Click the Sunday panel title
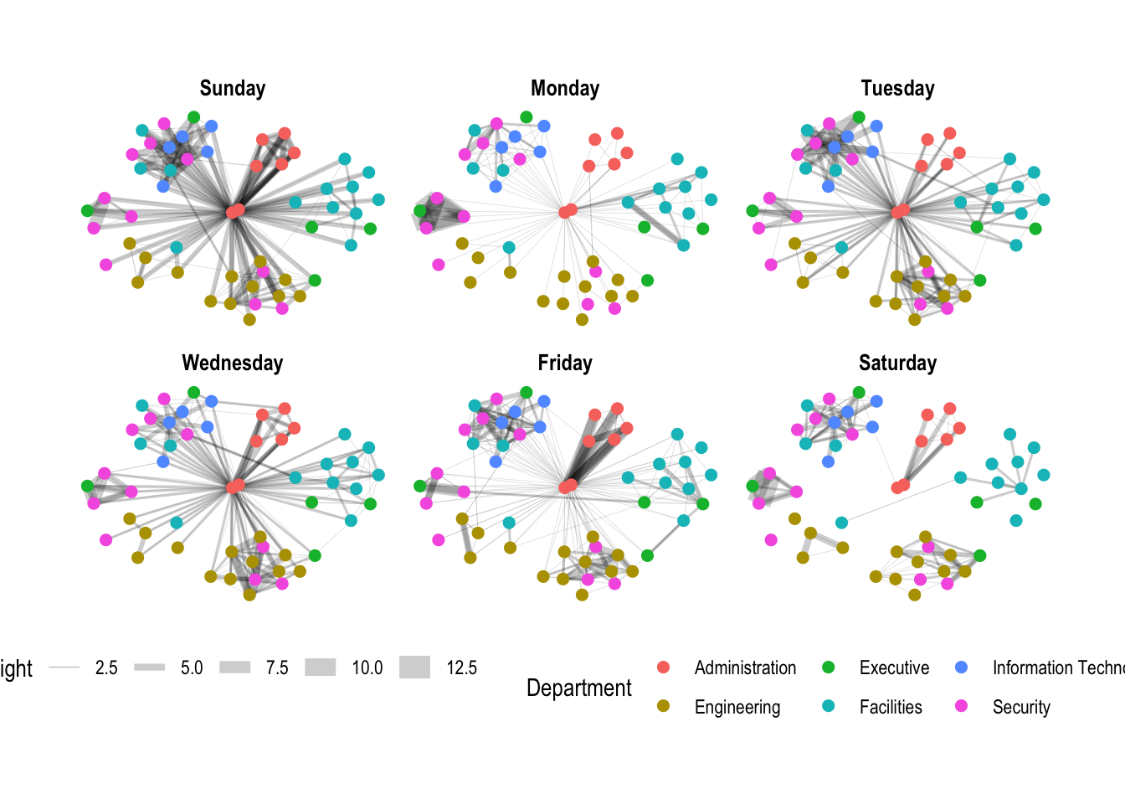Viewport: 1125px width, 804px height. [x=233, y=89]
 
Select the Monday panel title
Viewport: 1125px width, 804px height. [x=565, y=89]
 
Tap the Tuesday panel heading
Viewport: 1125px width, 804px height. [x=897, y=89]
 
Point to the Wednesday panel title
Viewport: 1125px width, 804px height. [x=233, y=363]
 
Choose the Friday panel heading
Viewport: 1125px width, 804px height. [x=565, y=363]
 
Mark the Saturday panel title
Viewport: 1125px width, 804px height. [x=897, y=363]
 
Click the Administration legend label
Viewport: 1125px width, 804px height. [x=745, y=668]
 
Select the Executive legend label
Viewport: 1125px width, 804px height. [x=894, y=668]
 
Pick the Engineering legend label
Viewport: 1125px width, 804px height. [x=737, y=708]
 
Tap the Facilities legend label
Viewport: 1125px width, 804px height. [x=891, y=708]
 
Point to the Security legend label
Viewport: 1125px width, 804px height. [x=1021, y=708]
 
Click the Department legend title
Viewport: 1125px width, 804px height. [x=579, y=688]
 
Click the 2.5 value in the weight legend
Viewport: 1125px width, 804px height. [x=106, y=668]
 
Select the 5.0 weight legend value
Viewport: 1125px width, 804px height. [x=192, y=668]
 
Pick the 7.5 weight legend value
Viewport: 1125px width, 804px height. [x=277, y=668]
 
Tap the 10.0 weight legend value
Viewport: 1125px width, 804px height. [x=367, y=668]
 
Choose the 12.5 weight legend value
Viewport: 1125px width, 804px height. [x=461, y=668]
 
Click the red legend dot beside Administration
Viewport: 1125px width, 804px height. [x=664, y=667]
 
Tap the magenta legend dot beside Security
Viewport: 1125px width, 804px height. [x=962, y=706]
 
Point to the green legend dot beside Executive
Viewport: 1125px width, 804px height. [x=829, y=667]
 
